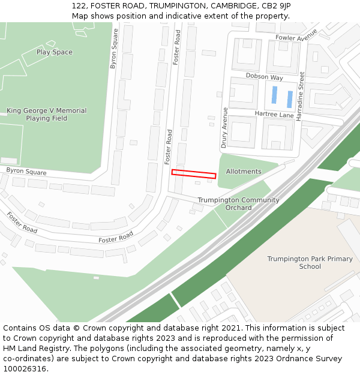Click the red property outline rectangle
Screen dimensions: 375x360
point(193,173)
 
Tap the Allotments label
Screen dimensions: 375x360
point(244,172)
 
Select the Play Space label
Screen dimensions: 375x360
point(54,52)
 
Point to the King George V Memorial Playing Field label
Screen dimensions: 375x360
point(46,115)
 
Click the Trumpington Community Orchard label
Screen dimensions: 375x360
point(238,204)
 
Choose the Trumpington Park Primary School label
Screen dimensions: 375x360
point(310,263)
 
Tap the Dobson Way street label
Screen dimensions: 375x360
point(264,77)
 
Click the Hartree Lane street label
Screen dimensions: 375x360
point(274,115)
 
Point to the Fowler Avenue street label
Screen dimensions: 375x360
point(296,38)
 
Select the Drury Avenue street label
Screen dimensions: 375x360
point(224,128)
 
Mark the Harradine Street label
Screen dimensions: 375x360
point(302,97)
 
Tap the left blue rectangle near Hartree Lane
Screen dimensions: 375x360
point(274,95)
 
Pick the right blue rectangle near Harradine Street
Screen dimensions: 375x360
point(290,99)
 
